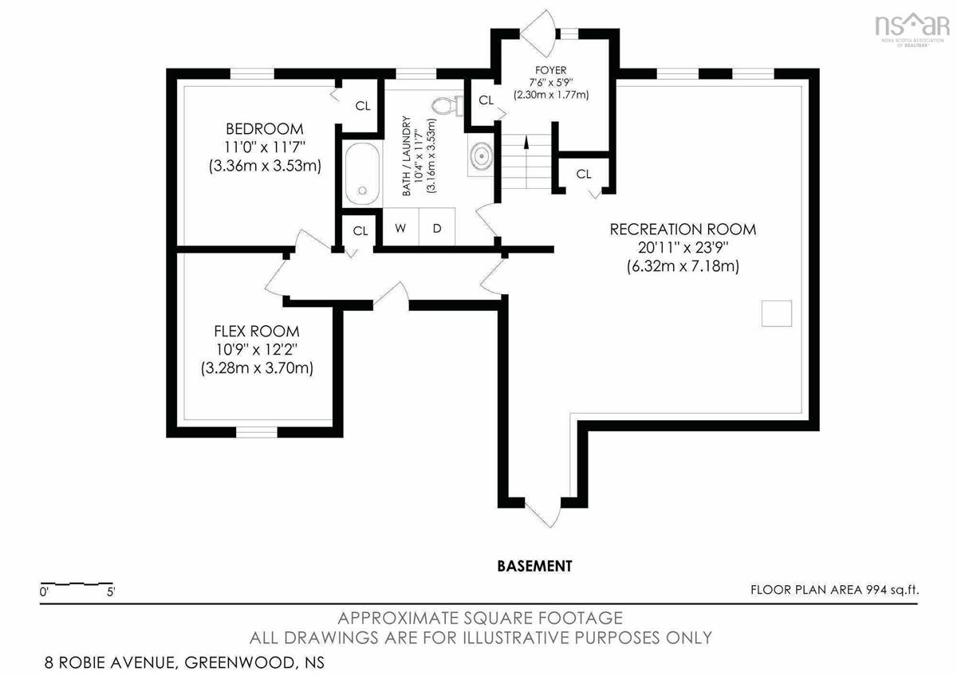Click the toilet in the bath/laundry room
tap(447, 106)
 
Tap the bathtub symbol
tap(362, 174)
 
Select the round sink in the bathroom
tap(481, 157)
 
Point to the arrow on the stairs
tap(526, 142)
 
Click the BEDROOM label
tap(265, 128)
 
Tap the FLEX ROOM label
tap(256, 331)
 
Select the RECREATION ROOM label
tap(683, 230)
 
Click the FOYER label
tap(550, 70)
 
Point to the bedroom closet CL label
tap(363, 105)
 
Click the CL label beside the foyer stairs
tap(486, 100)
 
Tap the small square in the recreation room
tap(776, 313)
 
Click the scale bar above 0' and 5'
tap(77, 583)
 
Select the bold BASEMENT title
tap(534, 566)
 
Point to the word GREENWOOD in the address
tap(240, 662)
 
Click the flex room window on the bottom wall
tap(257, 432)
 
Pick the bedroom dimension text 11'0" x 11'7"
tap(265, 147)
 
